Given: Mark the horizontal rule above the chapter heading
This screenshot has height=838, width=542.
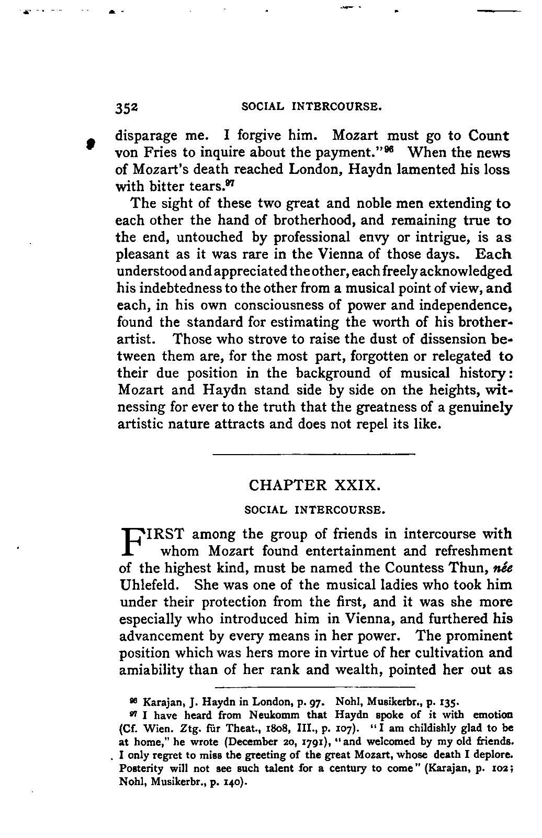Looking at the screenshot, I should (314, 453).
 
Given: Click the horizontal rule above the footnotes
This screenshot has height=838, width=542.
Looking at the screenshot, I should (314, 686).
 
